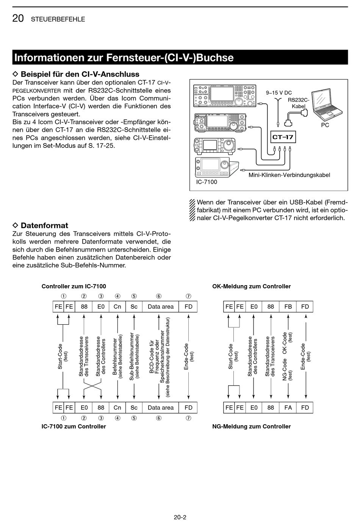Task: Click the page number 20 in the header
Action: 18,19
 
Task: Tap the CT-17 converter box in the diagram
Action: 283,137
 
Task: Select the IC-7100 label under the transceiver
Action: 207,182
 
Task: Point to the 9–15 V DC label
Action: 279,93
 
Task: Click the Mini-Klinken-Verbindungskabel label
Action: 289,175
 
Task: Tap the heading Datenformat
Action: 44,225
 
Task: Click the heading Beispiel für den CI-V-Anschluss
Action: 80,74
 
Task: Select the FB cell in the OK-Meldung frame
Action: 288,307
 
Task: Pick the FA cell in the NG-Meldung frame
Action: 288,408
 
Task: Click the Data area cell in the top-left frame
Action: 161,307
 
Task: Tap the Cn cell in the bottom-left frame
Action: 117,408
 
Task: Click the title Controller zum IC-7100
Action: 74,286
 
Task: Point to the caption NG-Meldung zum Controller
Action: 252,427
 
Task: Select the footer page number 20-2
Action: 180,517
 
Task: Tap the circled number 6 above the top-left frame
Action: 159,296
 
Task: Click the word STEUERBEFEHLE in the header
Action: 58,19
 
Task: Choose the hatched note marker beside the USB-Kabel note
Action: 193,210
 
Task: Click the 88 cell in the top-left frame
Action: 84,307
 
